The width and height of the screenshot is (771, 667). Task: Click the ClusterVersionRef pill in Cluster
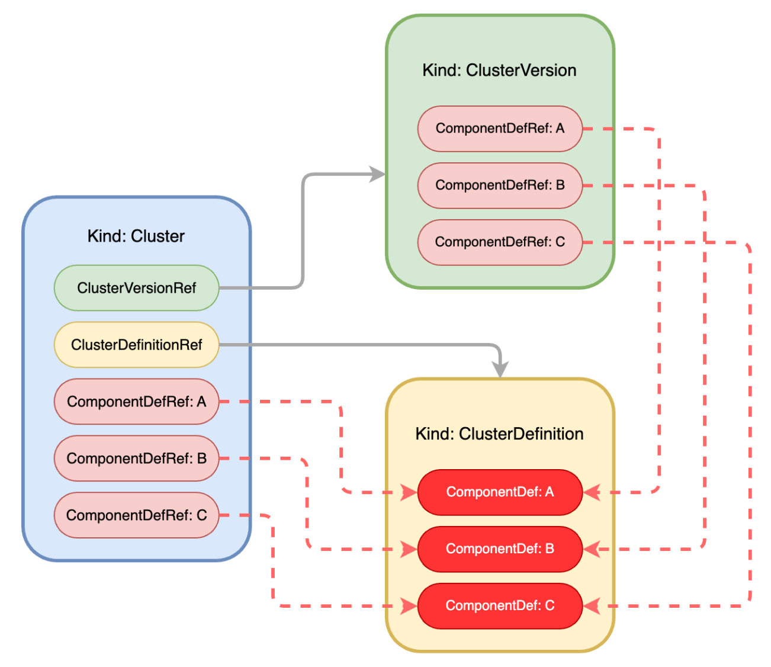point(136,288)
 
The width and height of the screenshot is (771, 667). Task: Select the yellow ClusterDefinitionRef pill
point(136,345)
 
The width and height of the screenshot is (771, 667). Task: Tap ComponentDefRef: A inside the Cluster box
point(136,402)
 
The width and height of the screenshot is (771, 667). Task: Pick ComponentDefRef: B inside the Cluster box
point(136,458)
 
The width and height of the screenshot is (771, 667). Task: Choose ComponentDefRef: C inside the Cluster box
point(136,515)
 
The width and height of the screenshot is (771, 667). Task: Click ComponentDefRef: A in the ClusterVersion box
point(500,129)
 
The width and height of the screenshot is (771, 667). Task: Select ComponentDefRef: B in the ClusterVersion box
point(500,185)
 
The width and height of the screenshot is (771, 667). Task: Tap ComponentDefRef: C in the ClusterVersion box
point(500,242)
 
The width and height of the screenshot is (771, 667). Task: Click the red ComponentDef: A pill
point(500,492)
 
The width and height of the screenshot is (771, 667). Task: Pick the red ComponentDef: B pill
point(500,549)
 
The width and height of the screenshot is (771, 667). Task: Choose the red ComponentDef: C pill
point(500,606)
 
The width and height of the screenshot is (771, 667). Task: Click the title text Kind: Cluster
point(136,236)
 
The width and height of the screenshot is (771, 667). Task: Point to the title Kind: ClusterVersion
point(499,70)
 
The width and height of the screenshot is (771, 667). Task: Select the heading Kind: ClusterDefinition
point(499,434)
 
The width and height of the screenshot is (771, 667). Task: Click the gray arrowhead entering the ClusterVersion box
point(378,174)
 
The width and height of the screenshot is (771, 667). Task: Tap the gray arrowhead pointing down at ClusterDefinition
point(500,370)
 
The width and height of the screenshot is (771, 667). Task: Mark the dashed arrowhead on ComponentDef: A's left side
point(409,492)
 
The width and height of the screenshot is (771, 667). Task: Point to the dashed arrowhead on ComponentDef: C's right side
point(592,606)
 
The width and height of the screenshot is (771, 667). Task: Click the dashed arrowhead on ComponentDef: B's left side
point(409,549)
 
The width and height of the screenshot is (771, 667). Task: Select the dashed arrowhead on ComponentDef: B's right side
point(592,549)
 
